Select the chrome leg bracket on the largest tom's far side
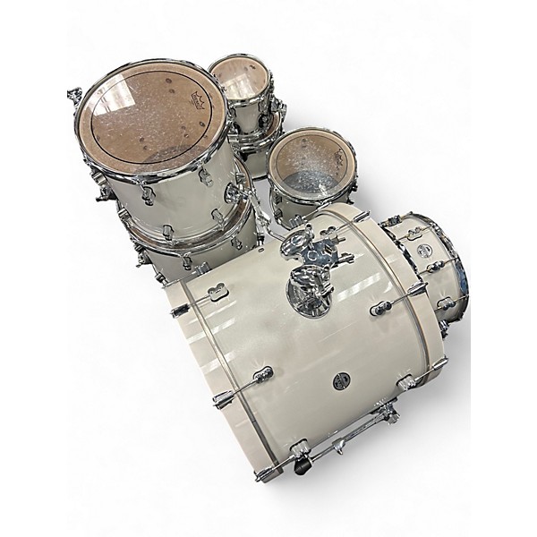(x=77, y=97)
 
